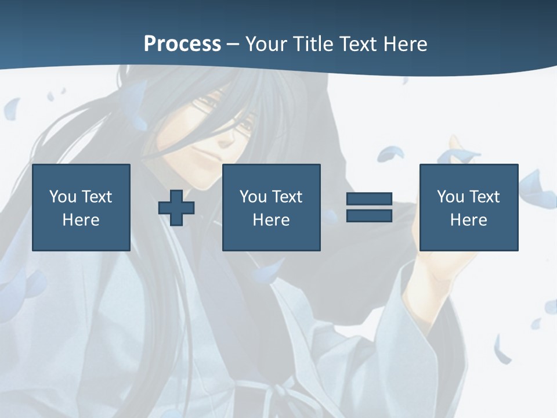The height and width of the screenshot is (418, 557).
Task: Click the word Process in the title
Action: coord(182,44)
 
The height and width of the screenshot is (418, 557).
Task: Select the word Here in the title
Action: coord(405,44)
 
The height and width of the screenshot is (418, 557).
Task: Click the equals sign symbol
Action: coord(369,207)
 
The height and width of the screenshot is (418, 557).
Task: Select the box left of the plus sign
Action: coord(81,207)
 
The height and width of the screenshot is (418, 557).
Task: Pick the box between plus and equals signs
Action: coord(271,207)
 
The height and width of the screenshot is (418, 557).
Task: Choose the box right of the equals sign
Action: coord(468,207)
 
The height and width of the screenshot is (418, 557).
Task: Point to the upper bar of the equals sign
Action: coord(369,199)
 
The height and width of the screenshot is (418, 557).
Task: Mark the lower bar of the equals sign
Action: coord(369,215)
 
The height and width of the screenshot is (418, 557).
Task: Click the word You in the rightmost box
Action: coord(450,197)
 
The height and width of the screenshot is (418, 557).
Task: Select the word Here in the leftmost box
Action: coord(81,220)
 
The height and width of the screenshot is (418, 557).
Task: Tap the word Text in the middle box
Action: coord(288,197)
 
